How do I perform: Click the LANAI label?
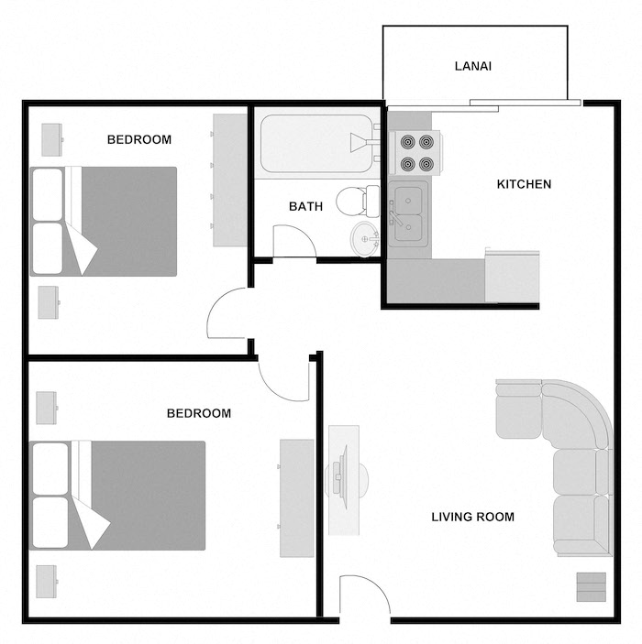474,66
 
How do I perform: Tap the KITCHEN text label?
524,184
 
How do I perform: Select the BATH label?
305,206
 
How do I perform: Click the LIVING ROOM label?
472,517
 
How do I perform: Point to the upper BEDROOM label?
139,139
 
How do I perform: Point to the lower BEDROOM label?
198,413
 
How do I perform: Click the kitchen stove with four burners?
415,153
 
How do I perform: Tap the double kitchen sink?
408,213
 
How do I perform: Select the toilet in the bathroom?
357,200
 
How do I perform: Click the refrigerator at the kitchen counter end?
512,276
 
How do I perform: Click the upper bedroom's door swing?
228,313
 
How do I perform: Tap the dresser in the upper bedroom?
229,180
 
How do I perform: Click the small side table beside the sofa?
591,586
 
